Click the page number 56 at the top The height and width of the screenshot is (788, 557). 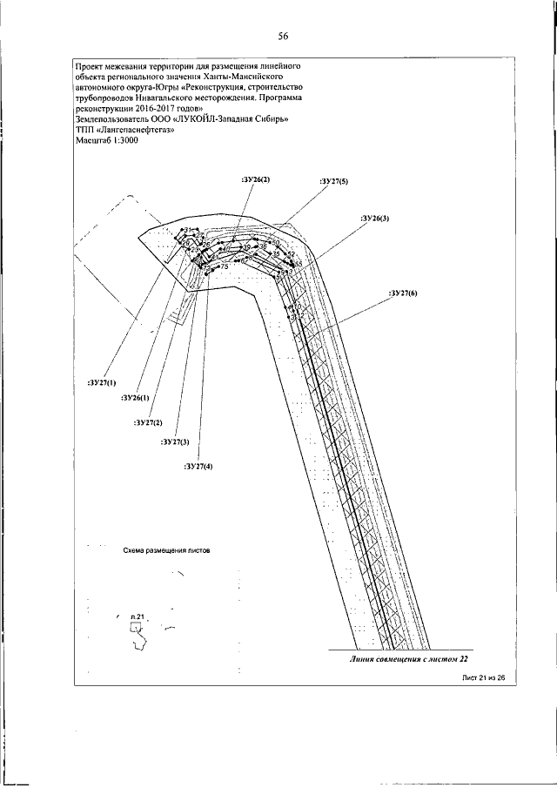(x=283, y=36)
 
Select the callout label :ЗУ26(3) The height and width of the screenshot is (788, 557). (x=375, y=218)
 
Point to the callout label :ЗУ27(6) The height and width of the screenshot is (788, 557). (x=402, y=293)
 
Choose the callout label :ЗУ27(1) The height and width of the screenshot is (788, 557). (x=102, y=382)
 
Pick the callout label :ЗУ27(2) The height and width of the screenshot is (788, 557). (x=149, y=422)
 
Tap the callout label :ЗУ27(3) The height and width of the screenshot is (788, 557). (x=175, y=442)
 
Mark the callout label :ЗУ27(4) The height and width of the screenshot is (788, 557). (x=199, y=467)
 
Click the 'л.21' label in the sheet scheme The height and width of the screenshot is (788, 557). (x=135, y=616)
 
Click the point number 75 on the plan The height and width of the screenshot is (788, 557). (x=225, y=266)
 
